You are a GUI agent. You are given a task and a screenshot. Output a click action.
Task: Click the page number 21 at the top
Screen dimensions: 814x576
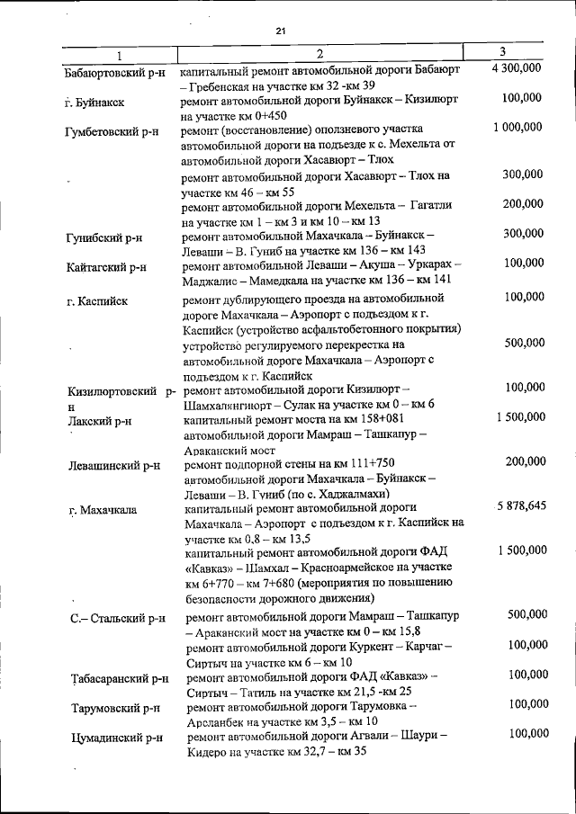click(280, 31)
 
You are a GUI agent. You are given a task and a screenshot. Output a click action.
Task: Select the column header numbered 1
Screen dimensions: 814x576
click(118, 55)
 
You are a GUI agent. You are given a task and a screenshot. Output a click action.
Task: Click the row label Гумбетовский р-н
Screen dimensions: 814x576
click(112, 132)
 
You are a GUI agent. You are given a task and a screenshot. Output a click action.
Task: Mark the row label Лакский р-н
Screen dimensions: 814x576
click(99, 420)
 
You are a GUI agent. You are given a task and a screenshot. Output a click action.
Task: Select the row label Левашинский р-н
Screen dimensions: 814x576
click(112, 466)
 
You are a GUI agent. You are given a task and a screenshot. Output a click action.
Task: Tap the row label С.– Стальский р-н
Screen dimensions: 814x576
click(118, 619)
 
